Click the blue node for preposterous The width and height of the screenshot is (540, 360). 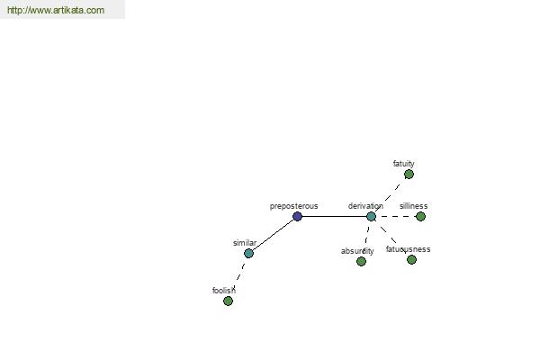297,216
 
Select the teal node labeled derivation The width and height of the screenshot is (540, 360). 371,216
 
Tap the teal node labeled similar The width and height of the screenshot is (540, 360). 248,253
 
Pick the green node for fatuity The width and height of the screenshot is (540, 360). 409,175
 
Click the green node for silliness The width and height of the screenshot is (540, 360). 420,216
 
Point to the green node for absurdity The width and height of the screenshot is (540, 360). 361,262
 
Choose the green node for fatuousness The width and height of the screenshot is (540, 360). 411,260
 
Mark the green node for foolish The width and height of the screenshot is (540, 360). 228,301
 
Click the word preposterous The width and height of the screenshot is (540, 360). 293,206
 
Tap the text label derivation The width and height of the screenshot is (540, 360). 365,206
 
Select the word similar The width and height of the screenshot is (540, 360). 245,243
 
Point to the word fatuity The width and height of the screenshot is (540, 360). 403,164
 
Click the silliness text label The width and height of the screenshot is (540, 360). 414,206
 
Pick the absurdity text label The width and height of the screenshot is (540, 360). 357,251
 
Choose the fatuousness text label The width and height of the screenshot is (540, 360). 408,249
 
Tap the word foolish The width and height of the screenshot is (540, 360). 224,291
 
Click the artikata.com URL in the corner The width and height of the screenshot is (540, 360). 56,10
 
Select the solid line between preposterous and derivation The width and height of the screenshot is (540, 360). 334,216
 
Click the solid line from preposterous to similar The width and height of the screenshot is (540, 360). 273,235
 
